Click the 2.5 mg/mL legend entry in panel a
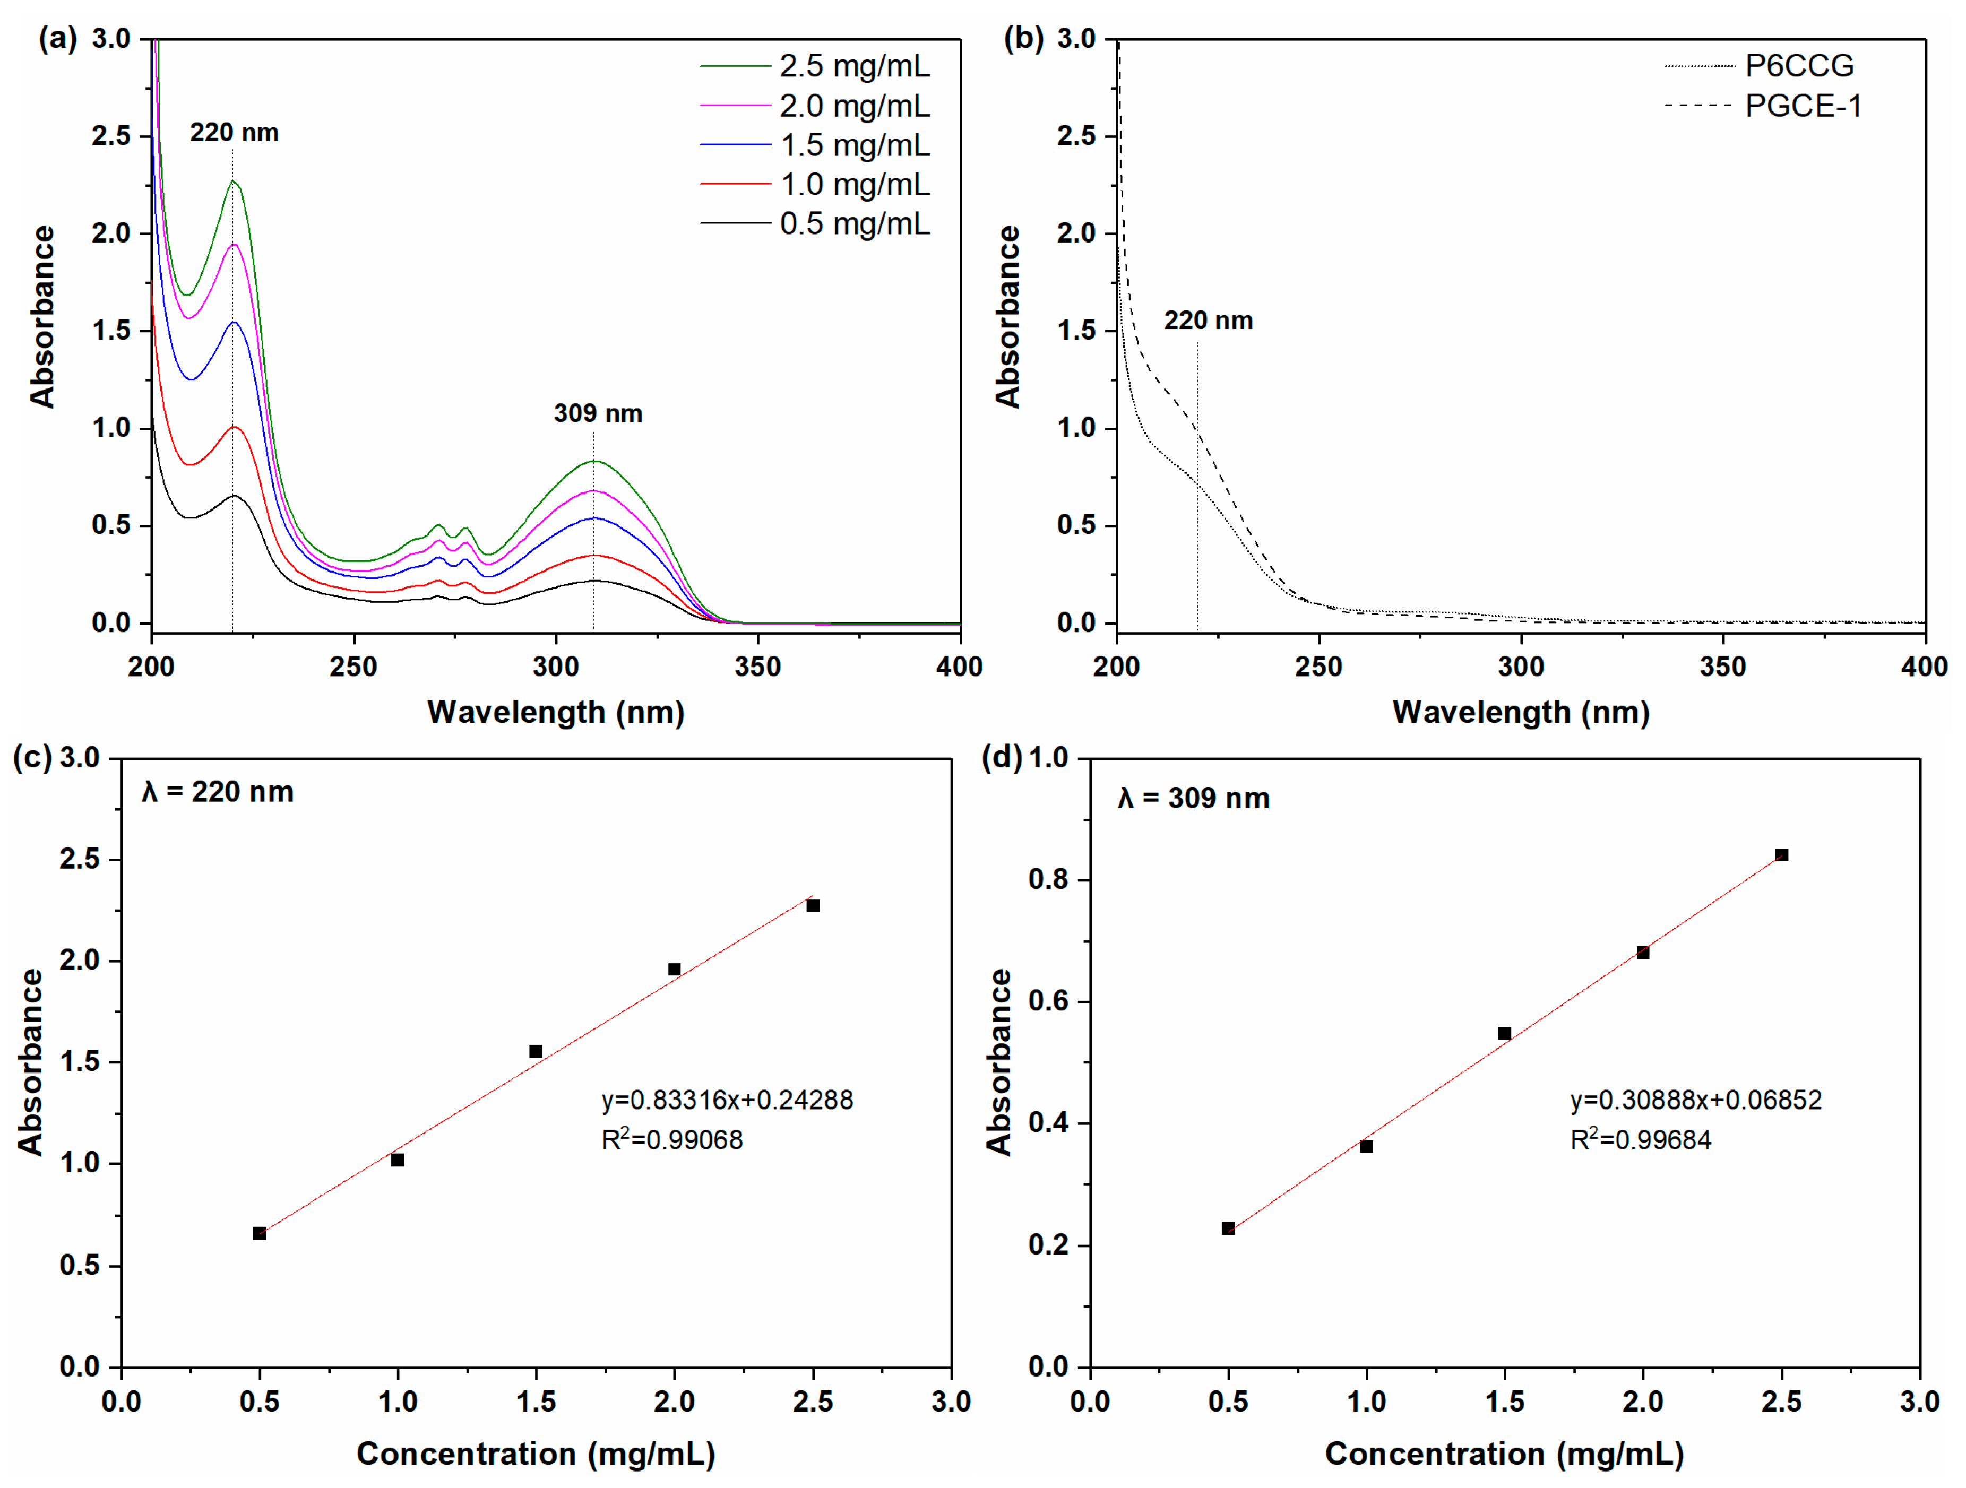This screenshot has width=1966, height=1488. point(854,66)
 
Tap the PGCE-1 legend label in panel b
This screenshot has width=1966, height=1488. point(1803,106)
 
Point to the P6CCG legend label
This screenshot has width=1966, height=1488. point(1799,66)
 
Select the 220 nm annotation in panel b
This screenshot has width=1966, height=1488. point(1208,321)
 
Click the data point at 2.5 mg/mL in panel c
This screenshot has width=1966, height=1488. point(812,905)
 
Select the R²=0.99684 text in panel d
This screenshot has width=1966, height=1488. point(1640,1140)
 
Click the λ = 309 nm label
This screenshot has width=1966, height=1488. point(1193,798)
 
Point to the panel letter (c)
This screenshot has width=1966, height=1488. point(32,758)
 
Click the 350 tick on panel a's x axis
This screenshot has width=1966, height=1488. point(757,667)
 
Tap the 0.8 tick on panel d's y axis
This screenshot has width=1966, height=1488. point(1047,879)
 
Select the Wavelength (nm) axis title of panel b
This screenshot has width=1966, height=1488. point(1521,712)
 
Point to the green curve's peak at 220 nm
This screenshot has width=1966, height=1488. point(234,181)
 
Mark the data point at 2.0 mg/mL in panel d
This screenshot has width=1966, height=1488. point(1642,953)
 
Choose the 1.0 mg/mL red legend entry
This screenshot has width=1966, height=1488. point(854,185)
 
